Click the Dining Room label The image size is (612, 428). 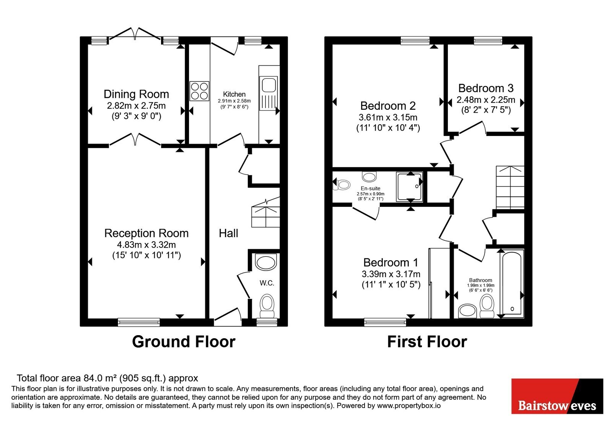coord(136,94)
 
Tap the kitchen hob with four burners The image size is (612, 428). coord(199,91)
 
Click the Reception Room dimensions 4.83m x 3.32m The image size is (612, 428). coord(146,245)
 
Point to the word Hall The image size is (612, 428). coord(228,233)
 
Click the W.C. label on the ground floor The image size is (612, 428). coord(267,283)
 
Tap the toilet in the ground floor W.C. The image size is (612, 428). coord(267,306)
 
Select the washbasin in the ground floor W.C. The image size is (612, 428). coord(266,262)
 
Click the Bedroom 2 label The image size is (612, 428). coord(388,105)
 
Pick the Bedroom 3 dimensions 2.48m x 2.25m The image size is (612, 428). coord(486,100)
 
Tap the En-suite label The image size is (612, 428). coord(371,188)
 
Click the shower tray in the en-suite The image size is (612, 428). coord(410,187)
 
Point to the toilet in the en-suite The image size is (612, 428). coord(341,185)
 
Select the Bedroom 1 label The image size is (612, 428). coord(391,263)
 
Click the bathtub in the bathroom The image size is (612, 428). coord(512,284)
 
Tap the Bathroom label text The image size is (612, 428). coord(480,280)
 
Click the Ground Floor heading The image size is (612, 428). coord(184,342)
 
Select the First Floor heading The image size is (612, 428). coord(427,342)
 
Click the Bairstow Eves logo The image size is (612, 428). coord(557,396)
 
